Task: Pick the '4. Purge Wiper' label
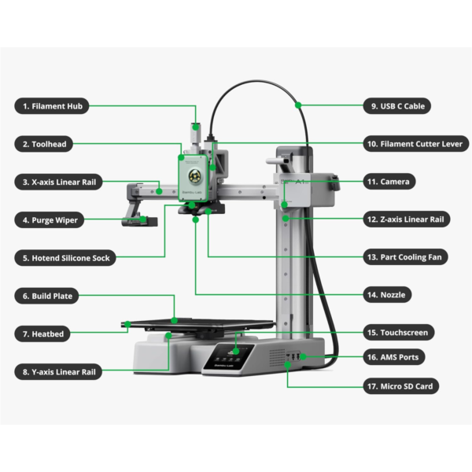54,220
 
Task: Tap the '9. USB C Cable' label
407,105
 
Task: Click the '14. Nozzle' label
393,295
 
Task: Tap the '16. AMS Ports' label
401,357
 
